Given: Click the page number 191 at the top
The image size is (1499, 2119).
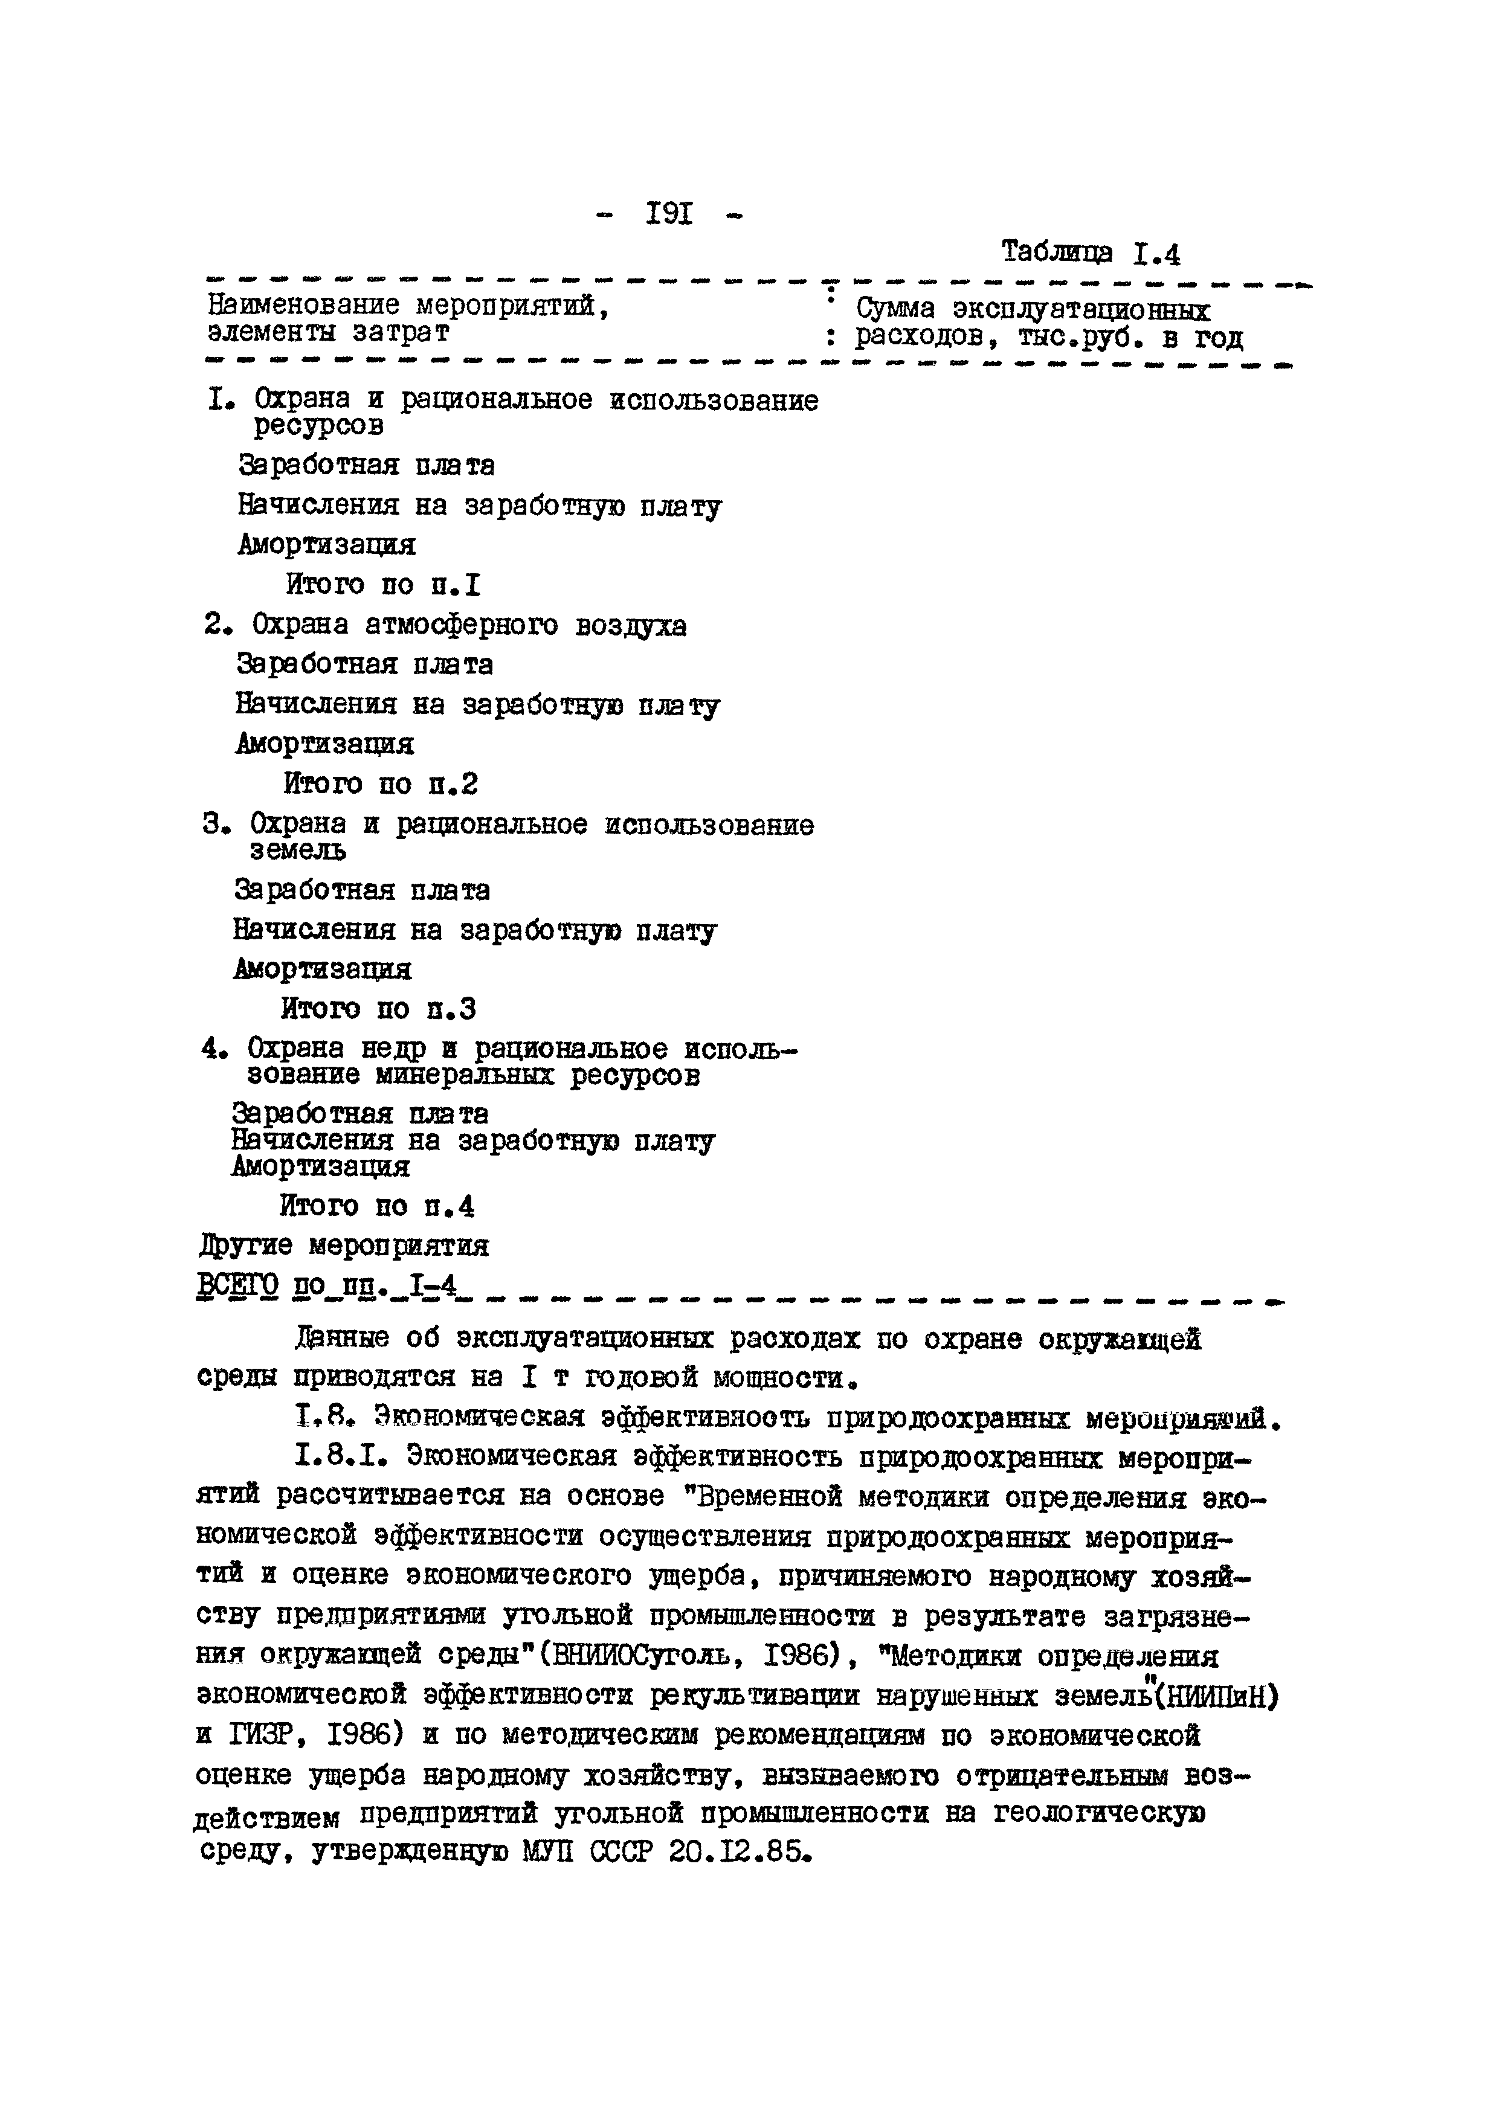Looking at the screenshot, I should (x=669, y=215).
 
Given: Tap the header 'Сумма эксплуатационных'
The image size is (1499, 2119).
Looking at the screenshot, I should (x=1033, y=309).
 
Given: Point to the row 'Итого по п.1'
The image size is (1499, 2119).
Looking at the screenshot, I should (x=383, y=584).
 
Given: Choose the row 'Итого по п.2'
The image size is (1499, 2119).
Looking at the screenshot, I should (x=380, y=785).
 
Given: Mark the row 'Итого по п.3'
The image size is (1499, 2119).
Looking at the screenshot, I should (x=378, y=1009).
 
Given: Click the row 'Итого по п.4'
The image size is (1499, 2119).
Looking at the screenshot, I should (x=376, y=1206).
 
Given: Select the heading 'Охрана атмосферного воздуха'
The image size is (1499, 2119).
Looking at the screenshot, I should (x=469, y=626).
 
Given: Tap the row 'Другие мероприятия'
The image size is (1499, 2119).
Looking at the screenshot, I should (x=343, y=1246).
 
